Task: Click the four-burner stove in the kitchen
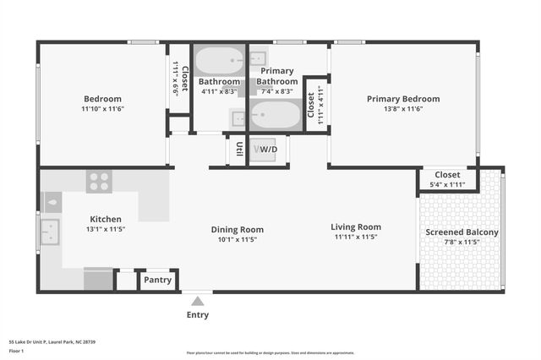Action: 99,182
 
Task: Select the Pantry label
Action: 158,280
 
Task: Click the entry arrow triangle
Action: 197,301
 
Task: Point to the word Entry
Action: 197,315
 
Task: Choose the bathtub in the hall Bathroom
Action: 218,62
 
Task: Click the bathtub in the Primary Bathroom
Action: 275,114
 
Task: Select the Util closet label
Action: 239,150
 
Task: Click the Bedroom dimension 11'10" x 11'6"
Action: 102,110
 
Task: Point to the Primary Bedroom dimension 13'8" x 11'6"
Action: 402,110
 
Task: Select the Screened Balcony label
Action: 462,232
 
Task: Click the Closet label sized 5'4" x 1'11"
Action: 447,175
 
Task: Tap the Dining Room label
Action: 237,229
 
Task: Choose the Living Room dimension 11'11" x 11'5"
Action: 355,237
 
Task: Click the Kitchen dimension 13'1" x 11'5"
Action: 106,229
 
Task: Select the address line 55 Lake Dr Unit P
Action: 52,342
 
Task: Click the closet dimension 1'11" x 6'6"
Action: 175,78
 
